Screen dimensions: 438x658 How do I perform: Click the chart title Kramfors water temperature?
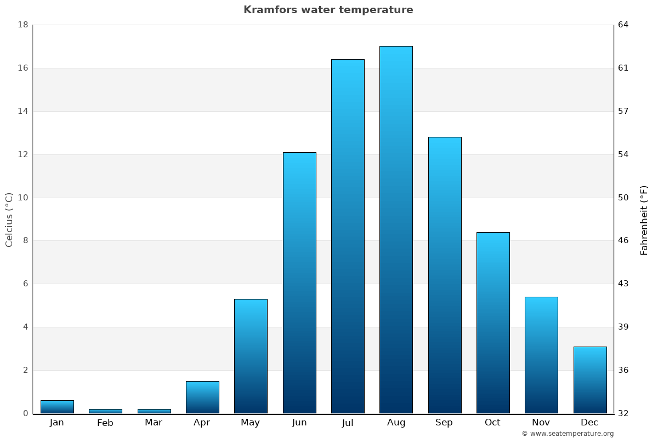(x=328, y=10)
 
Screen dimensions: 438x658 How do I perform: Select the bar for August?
(x=396, y=230)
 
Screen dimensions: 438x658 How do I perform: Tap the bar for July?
(x=348, y=237)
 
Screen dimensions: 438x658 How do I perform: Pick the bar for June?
(x=299, y=283)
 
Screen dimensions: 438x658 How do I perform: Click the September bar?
(x=445, y=275)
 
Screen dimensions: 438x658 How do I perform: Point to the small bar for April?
(x=202, y=397)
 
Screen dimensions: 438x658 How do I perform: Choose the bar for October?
(x=493, y=323)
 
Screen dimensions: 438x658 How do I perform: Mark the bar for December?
(x=590, y=380)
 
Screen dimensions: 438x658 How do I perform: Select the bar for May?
(x=251, y=356)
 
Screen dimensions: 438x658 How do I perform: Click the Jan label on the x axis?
(x=57, y=423)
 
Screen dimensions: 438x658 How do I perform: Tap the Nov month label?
(x=541, y=423)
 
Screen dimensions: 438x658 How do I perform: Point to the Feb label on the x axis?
(x=105, y=423)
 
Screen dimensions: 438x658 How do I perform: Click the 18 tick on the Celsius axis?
(x=23, y=25)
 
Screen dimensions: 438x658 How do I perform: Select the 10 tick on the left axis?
(x=23, y=198)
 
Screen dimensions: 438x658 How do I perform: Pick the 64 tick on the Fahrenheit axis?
(x=623, y=25)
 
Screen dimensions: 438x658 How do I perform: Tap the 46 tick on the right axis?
(x=623, y=241)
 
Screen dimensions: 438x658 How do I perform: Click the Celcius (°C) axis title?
(x=9, y=220)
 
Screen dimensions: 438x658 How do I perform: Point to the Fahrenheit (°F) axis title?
(x=644, y=220)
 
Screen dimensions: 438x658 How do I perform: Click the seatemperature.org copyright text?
(x=568, y=434)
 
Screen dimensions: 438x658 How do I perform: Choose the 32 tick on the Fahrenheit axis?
(x=623, y=413)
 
